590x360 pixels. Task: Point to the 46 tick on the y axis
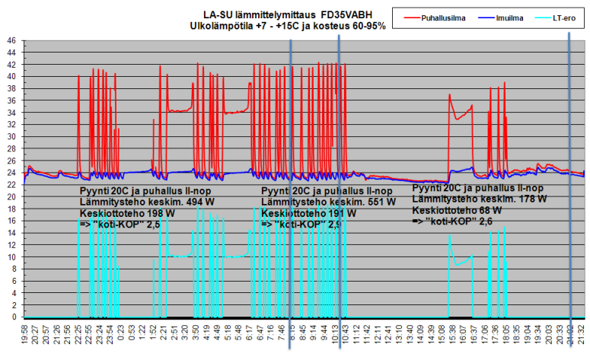10,41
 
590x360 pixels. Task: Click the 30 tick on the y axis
10,137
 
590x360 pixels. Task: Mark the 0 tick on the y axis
13,317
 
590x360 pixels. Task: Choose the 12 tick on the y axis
10,245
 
